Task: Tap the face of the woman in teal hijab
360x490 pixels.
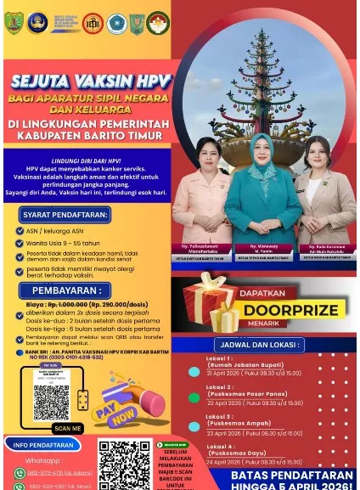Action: pyautogui.click(x=263, y=148)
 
